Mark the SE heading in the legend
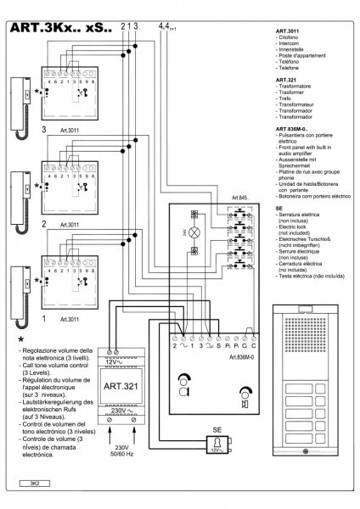pyautogui.click(x=279, y=206)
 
